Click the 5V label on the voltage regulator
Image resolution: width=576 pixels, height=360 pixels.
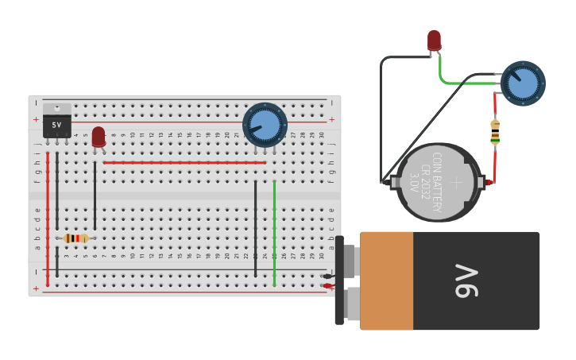[x=56, y=126]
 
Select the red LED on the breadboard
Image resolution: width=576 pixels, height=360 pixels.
[x=98, y=136]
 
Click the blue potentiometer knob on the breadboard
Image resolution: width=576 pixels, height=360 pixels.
[x=265, y=124]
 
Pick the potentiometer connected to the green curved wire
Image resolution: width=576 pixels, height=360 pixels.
[x=523, y=83]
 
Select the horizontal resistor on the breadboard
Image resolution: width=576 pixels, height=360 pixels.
[x=76, y=238]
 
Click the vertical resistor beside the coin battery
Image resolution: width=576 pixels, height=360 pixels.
[x=495, y=132]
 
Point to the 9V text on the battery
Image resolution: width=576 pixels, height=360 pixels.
[x=468, y=281]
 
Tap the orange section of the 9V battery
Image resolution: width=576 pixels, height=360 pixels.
[x=387, y=281]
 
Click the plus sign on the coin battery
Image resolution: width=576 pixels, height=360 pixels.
[x=456, y=182]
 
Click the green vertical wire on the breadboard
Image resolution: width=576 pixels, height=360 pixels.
[x=274, y=234]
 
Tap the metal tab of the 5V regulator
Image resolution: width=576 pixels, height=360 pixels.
[x=56, y=109]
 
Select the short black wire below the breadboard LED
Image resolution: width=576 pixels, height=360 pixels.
[x=95, y=195]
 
